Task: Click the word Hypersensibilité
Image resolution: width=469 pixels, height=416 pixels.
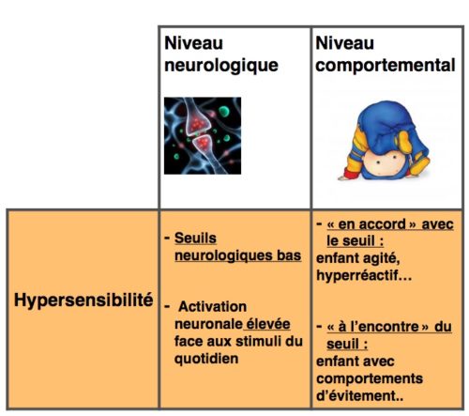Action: point(83,300)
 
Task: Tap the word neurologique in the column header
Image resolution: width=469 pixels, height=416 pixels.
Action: point(221,66)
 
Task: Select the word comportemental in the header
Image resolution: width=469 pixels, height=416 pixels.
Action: point(386,66)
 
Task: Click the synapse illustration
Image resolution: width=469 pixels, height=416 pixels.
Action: point(203,135)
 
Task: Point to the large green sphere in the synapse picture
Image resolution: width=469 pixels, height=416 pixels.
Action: point(224,111)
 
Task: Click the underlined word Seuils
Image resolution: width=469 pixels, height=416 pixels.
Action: point(195,239)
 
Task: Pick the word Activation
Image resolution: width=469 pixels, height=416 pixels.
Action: point(213,307)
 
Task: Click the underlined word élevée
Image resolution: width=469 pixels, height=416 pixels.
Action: point(268,324)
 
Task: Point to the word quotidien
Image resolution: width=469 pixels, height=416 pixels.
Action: point(206,359)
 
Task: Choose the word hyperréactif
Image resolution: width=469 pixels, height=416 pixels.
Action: point(364,276)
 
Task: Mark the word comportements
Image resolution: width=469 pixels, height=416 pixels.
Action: point(370,378)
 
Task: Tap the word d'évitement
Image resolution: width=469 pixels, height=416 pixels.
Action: point(359,395)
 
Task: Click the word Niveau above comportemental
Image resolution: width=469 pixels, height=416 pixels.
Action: point(344,43)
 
